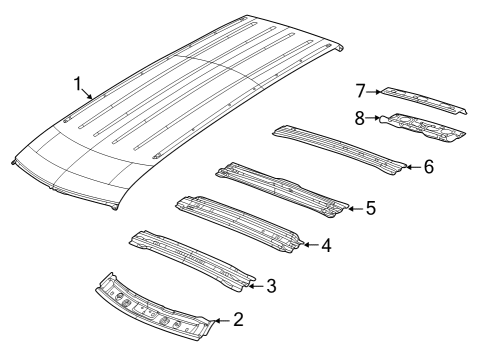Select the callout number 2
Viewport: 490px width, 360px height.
[x=238, y=320]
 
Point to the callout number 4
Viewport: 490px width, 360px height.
[x=325, y=244]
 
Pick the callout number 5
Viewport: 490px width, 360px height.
[x=370, y=208]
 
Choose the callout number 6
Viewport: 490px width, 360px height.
[x=428, y=166]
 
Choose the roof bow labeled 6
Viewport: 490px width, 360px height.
[x=340, y=145]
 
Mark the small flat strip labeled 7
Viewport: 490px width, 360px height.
[x=425, y=97]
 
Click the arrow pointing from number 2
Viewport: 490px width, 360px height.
[x=223, y=320]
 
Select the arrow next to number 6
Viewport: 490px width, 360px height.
[x=413, y=166]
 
